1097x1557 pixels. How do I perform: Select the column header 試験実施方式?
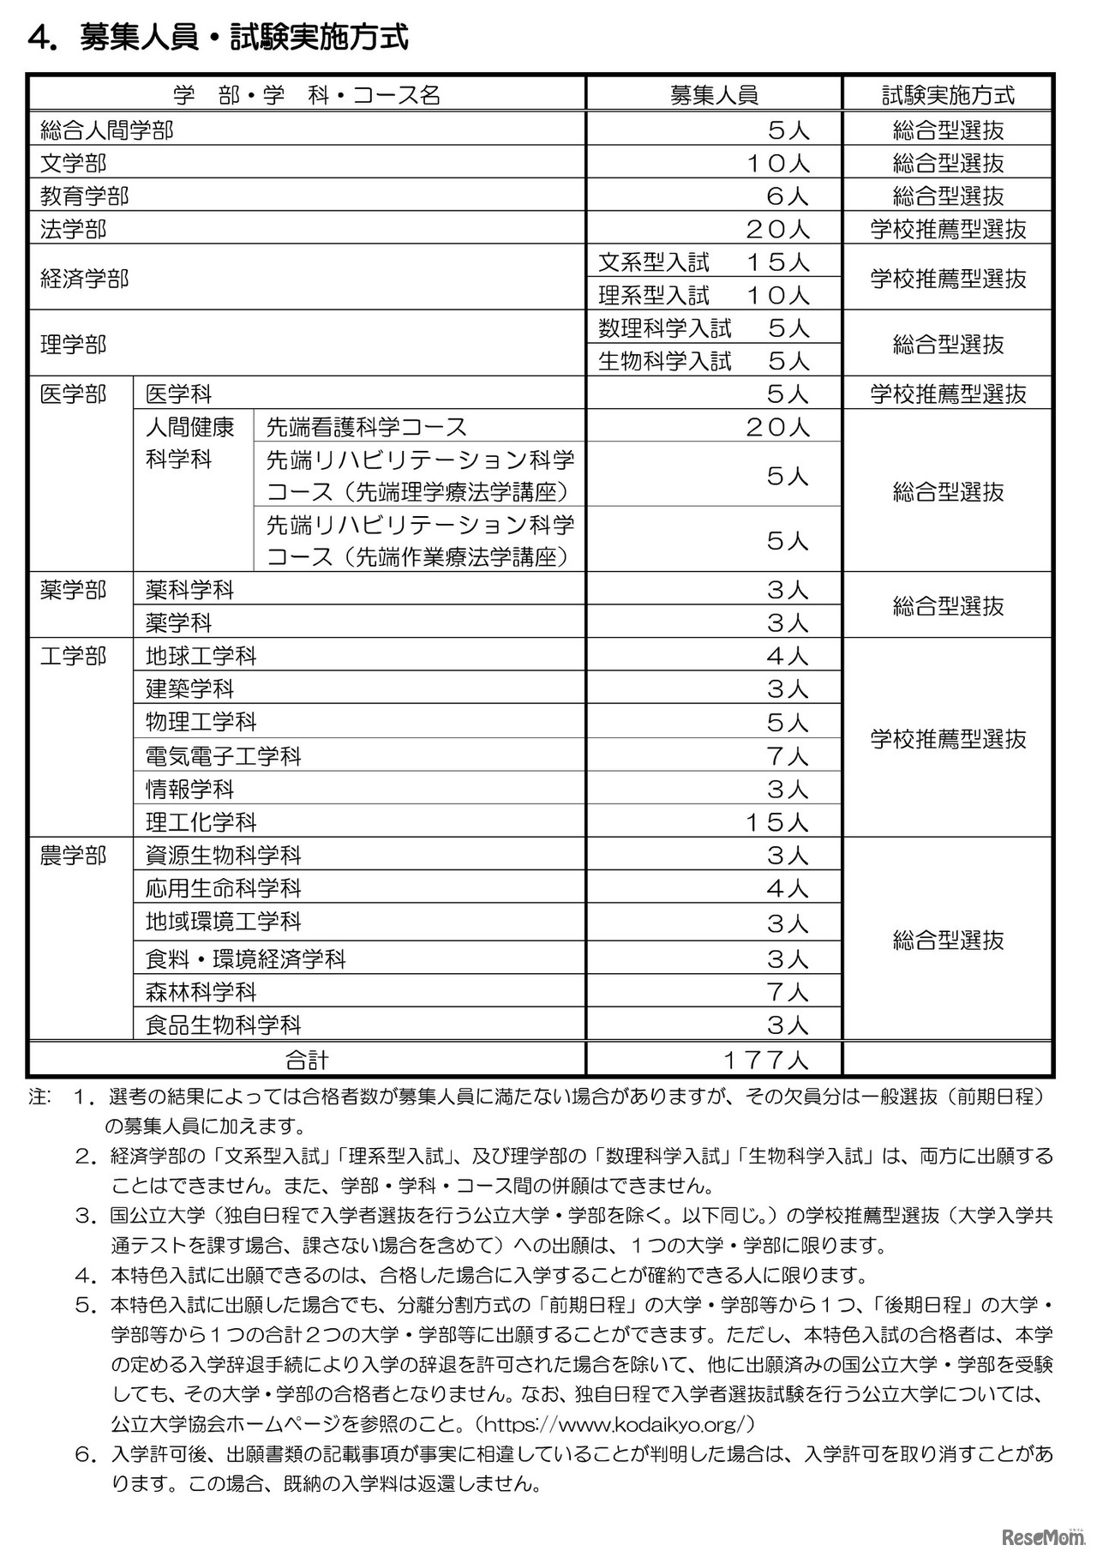948,94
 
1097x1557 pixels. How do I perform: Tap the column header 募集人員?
714,94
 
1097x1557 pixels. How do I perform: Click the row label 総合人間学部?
107,130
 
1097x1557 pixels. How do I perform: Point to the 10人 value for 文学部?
777,163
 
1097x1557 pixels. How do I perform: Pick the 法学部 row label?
74,229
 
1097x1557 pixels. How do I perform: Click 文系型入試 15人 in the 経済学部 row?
704,262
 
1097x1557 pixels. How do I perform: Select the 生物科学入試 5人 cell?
704,361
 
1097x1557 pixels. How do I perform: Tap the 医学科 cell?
178,394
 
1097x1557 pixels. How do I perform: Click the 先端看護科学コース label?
367,427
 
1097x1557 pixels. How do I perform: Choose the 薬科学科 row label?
189,590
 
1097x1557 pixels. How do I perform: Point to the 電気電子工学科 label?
224,756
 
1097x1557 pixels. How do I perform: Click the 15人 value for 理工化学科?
776,822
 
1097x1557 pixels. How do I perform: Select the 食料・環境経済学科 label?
246,959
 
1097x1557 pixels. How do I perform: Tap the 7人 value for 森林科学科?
788,992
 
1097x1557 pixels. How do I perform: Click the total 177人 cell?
765,1060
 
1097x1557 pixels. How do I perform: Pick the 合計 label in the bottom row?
307,1060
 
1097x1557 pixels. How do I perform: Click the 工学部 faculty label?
74,657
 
